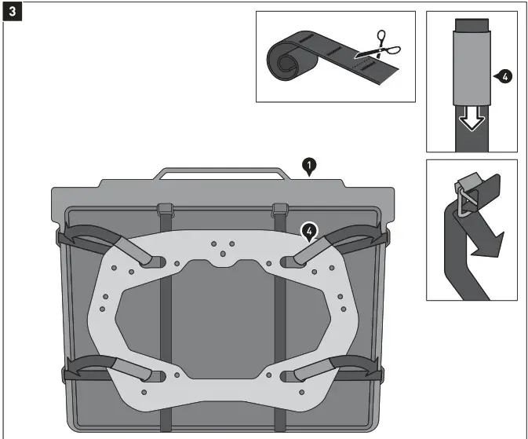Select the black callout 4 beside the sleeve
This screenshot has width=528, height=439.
[504, 77]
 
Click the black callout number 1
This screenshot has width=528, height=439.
[311, 165]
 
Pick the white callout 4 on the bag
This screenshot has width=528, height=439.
[311, 232]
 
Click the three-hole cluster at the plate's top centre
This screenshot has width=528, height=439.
[223, 248]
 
